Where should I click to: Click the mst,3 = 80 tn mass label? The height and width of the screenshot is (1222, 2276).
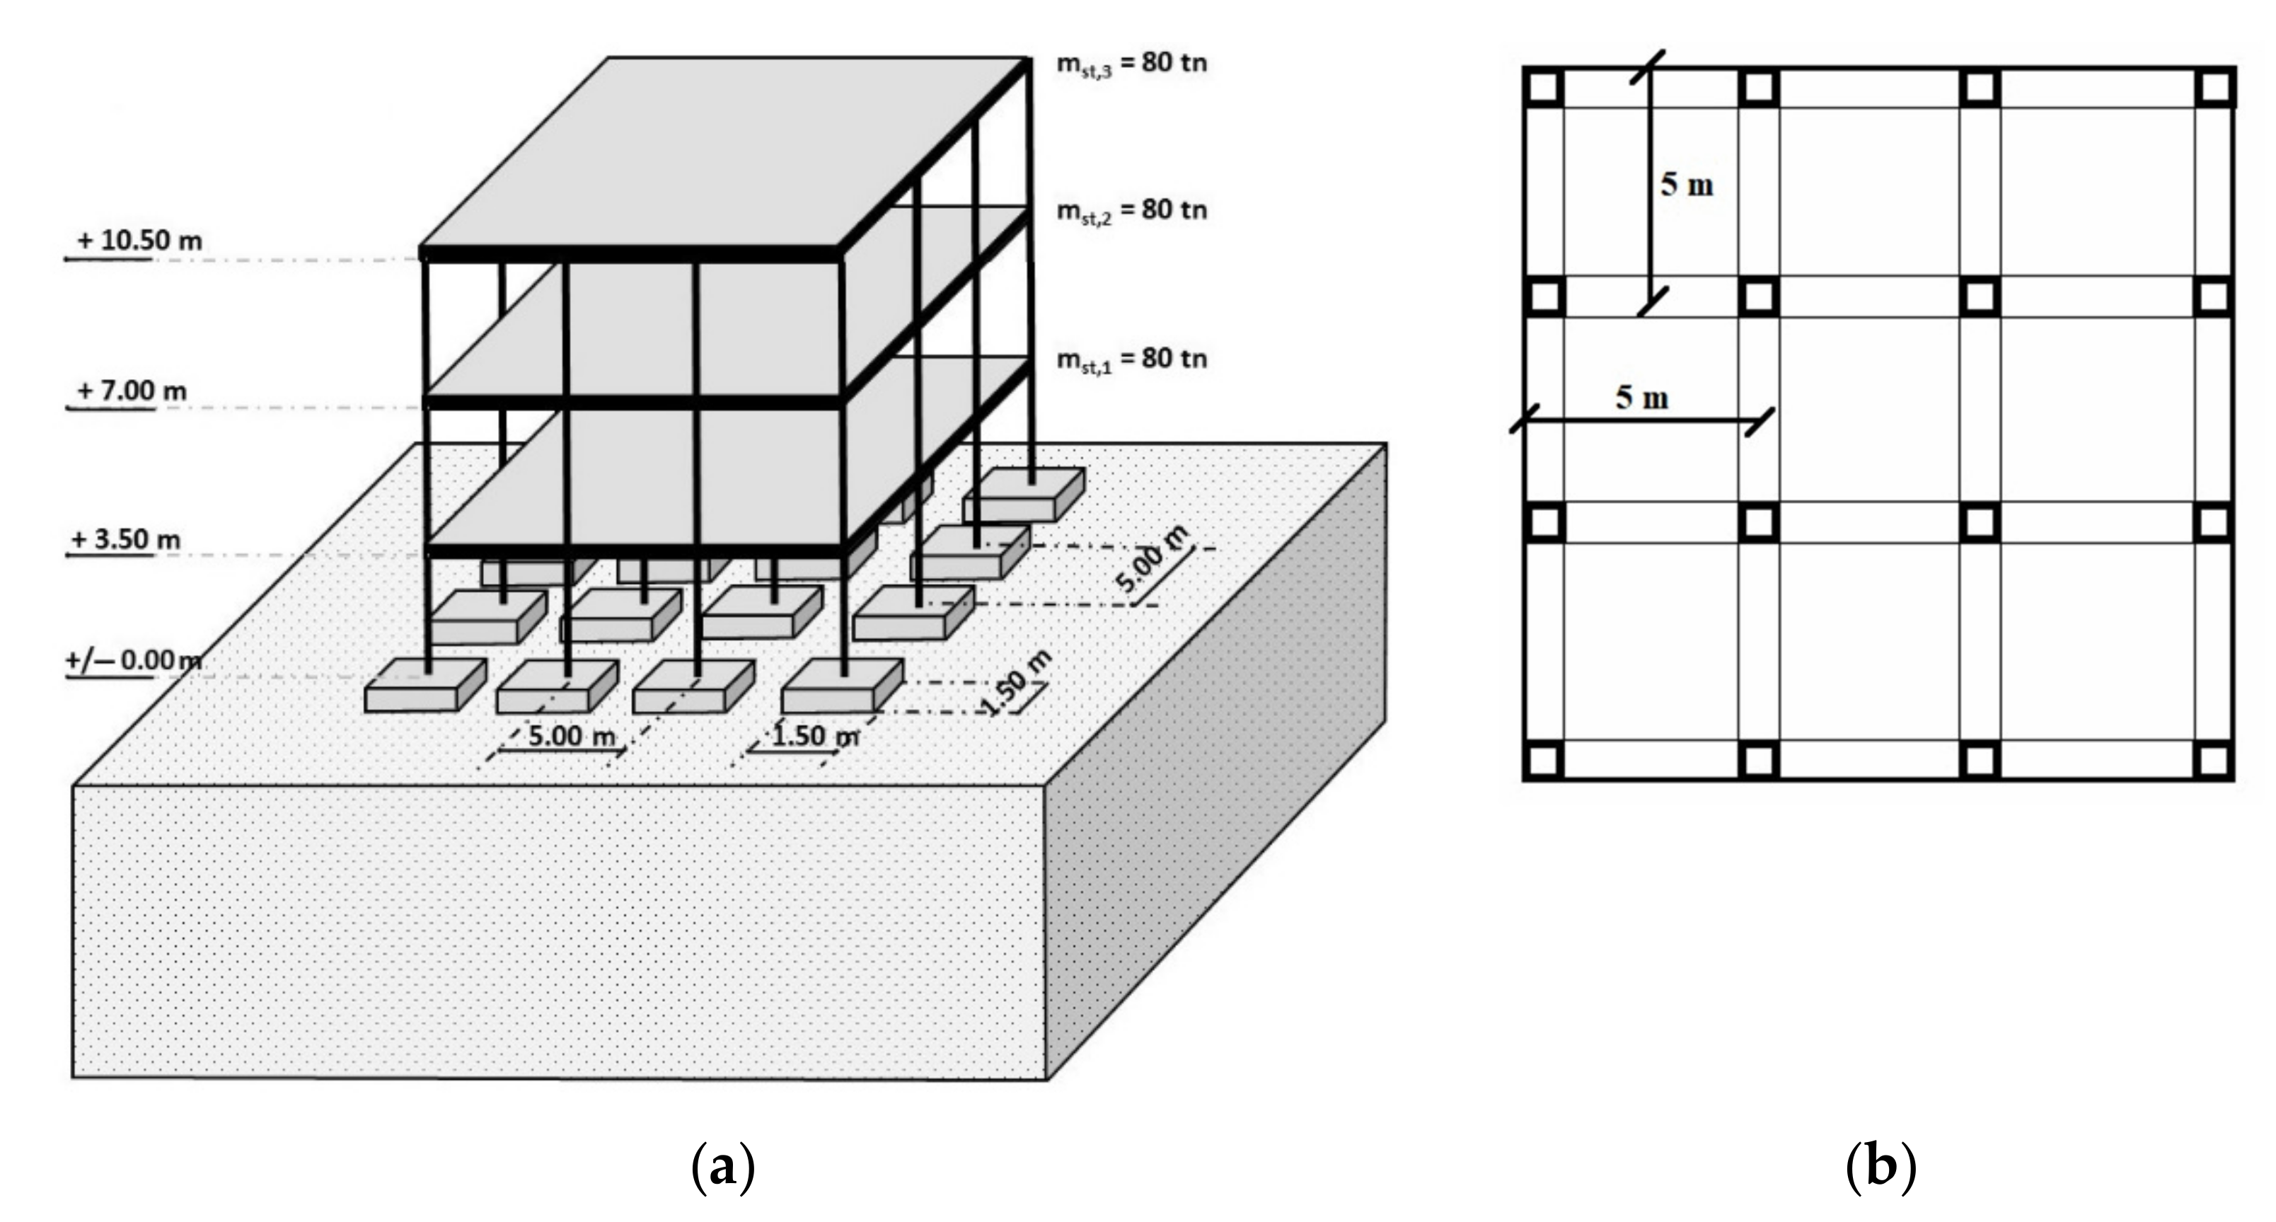[x=1131, y=64]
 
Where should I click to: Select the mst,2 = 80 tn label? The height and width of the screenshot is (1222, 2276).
[x=1131, y=210]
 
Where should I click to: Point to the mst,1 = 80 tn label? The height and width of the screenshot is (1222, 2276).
[x=1131, y=359]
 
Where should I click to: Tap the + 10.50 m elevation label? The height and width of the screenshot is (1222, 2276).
[x=139, y=241]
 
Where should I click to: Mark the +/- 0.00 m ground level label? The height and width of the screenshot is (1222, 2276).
[x=132, y=660]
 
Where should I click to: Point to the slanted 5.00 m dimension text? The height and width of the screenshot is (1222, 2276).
[x=1151, y=558]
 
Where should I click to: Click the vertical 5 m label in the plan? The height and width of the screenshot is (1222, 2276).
[x=1687, y=185]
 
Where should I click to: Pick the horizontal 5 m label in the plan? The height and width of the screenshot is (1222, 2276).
[x=1641, y=398]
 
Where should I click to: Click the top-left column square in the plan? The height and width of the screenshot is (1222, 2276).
[x=1544, y=88]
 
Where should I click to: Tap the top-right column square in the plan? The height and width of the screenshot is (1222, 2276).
[x=2215, y=88]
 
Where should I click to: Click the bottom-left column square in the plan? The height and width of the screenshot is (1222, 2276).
[x=1544, y=760]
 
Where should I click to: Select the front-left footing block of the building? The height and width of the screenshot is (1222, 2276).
[x=424, y=688]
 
